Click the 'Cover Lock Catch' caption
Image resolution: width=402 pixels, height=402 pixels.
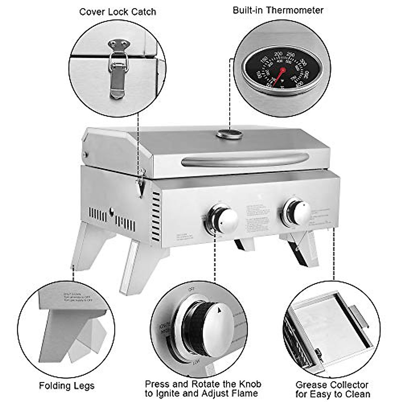pyautogui.click(x=118, y=12)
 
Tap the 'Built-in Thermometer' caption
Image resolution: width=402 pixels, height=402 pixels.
pyautogui.click(x=278, y=10)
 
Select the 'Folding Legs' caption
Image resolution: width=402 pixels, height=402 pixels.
pyautogui.click(x=67, y=386)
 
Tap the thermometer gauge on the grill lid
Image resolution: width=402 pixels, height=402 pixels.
pyautogui.click(x=229, y=134)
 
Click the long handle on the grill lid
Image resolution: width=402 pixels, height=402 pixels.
pyautogui.click(x=245, y=160)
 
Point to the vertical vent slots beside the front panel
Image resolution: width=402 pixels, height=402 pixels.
pyautogui.click(x=156, y=216)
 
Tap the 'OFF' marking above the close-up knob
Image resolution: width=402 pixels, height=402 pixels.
pyautogui.click(x=192, y=289)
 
